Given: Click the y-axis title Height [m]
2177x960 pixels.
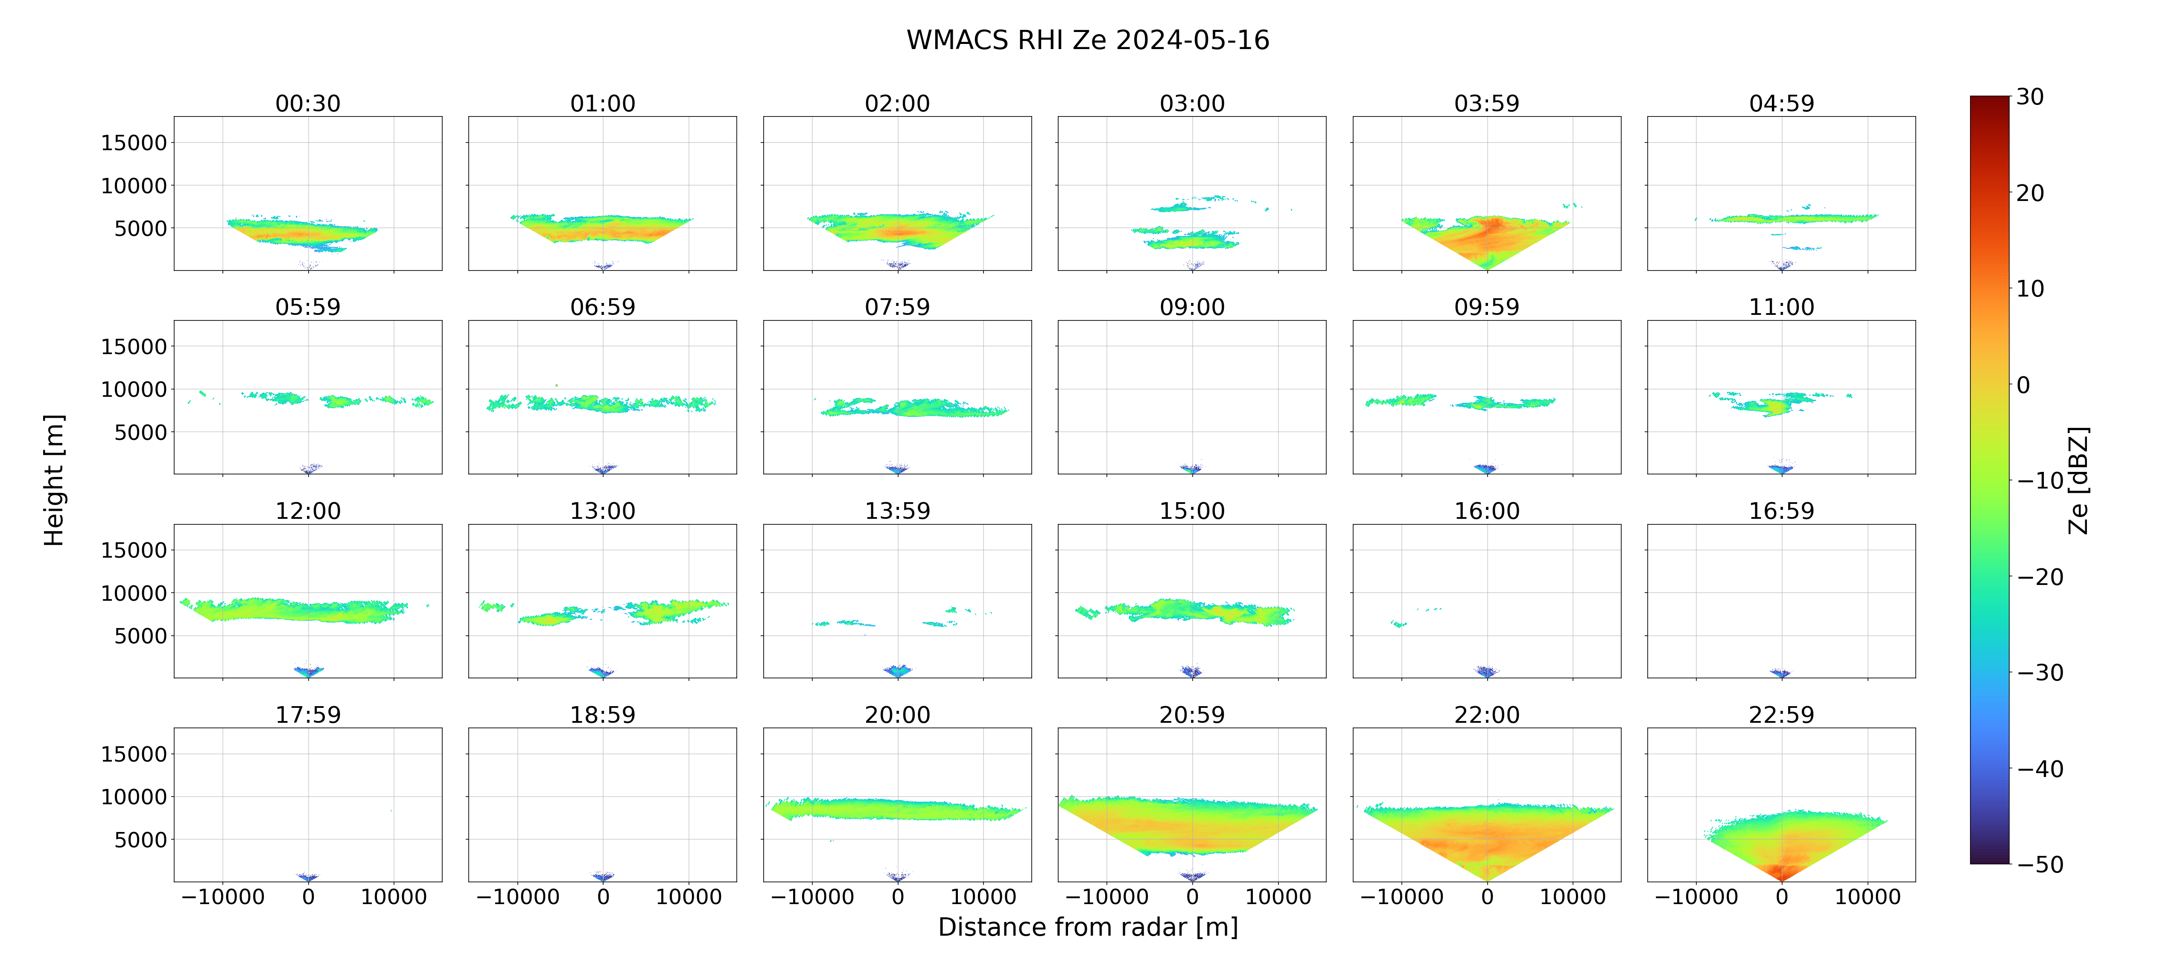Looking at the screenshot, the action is tap(53, 480).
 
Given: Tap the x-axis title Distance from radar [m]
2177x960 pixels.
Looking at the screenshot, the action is tap(1088, 927).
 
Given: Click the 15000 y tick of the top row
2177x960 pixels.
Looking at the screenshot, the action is tap(134, 143).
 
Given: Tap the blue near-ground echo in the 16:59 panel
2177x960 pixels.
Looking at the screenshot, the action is tap(1780, 674).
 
